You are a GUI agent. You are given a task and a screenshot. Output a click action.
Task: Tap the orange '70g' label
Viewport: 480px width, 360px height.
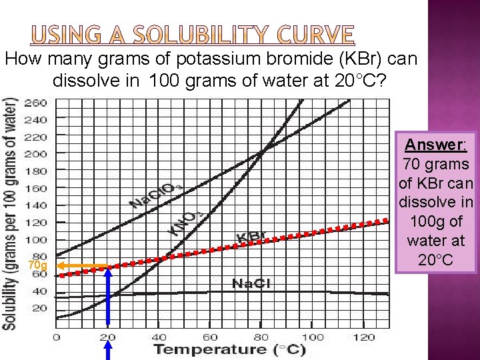coord(37,266)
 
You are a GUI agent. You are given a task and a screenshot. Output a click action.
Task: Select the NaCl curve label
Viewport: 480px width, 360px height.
coord(251,284)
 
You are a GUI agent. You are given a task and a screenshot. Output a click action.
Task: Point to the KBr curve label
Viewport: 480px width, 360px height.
coord(252,237)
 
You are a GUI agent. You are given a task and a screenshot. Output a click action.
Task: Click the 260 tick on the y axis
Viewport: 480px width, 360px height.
coord(36,103)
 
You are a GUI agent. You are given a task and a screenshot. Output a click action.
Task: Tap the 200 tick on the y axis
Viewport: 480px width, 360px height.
coord(36,153)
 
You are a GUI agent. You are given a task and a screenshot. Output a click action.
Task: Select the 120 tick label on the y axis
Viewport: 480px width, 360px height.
coord(36,222)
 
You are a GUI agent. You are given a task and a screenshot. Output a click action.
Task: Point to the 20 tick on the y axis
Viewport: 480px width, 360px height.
coord(39,308)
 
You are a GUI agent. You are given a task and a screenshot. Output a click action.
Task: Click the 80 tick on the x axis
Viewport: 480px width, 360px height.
coord(261,337)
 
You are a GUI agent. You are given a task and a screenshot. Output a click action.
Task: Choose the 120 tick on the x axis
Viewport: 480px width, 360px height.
coord(364,337)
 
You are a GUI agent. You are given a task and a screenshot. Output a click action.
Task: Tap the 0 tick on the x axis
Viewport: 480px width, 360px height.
coord(57,337)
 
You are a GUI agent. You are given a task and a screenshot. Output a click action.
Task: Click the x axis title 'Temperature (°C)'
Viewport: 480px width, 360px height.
coord(230,349)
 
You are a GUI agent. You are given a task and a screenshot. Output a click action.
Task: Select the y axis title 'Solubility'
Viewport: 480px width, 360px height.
coord(10,213)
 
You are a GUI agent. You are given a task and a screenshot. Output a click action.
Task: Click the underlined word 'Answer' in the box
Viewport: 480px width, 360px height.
coord(435,145)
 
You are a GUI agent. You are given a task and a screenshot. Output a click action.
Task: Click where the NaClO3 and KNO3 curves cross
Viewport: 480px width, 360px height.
coord(262,151)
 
